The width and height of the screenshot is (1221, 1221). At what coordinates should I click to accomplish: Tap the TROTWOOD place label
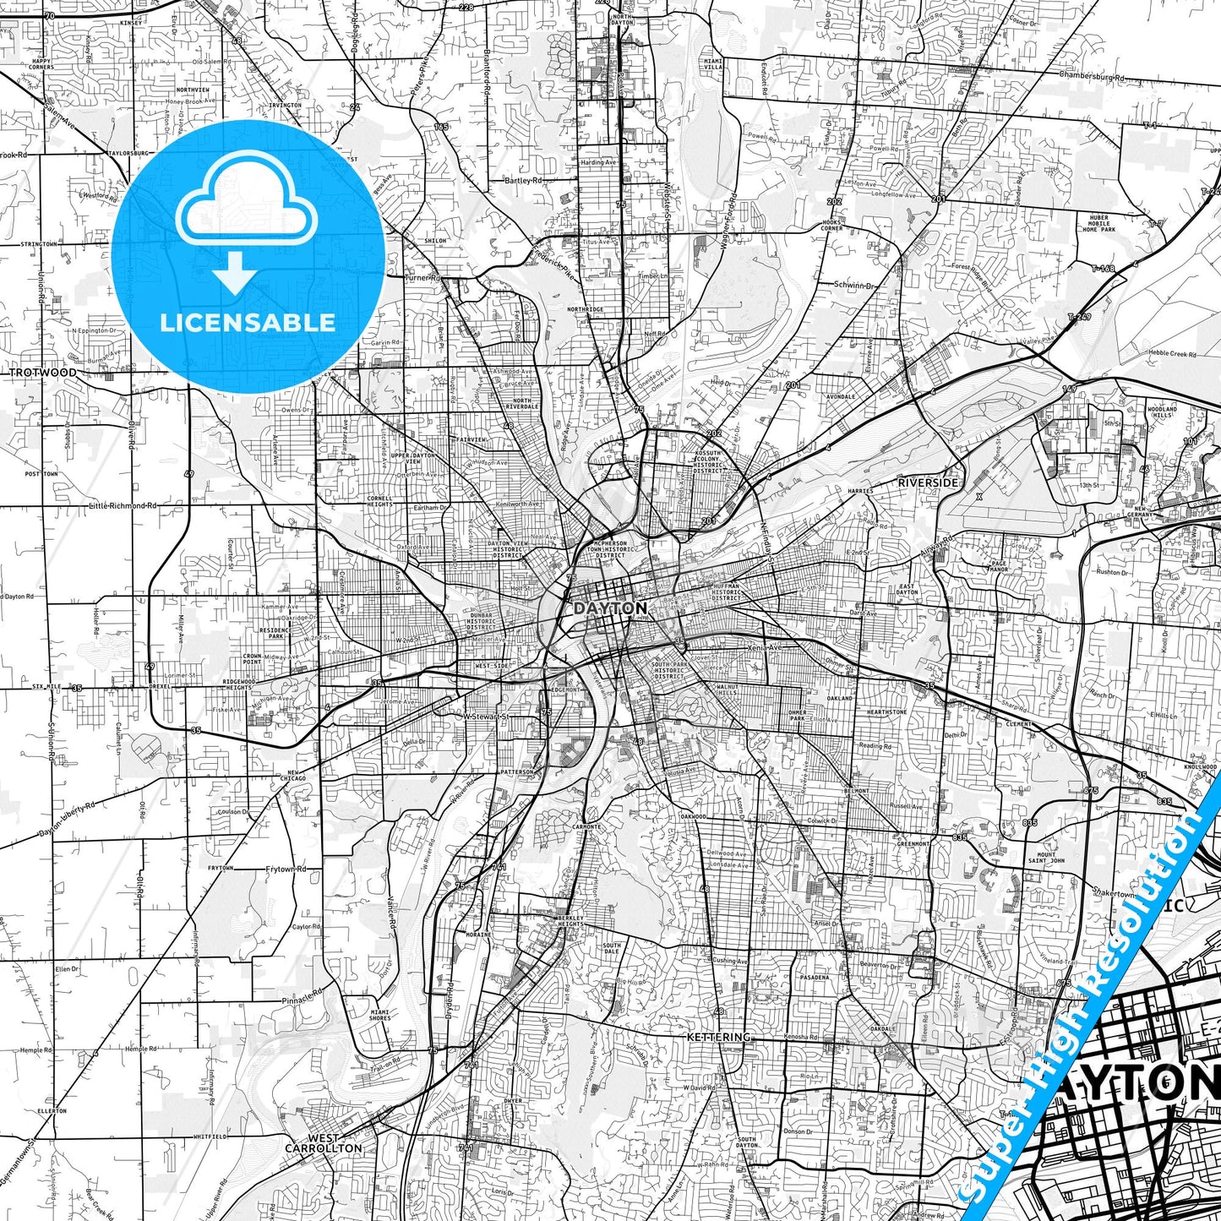[42, 372]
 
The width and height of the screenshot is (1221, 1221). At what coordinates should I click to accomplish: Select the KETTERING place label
[718, 1037]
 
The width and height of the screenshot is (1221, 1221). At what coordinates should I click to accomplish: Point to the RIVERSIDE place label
[928, 482]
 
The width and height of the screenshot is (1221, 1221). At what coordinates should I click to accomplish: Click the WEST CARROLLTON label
[324, 1143]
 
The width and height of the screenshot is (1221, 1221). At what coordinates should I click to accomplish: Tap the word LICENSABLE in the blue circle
[248, 322]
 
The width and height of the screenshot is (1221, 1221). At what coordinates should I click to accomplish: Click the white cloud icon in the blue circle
[247, 205]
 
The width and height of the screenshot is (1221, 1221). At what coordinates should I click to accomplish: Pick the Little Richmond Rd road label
[123, 505]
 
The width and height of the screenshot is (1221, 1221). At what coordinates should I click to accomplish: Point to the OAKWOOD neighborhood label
[693, 816]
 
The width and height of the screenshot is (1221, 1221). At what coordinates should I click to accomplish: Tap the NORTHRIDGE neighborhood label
[586, 309]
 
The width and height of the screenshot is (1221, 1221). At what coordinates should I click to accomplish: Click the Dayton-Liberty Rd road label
[67, 820]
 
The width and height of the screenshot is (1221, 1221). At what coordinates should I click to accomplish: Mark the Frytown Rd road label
[286, 869]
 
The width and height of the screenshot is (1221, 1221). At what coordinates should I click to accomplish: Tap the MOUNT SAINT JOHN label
[1046, 858]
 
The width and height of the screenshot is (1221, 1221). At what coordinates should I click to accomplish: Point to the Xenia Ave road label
[765, 646]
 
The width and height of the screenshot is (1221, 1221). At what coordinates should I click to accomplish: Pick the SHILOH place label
[435, 241]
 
